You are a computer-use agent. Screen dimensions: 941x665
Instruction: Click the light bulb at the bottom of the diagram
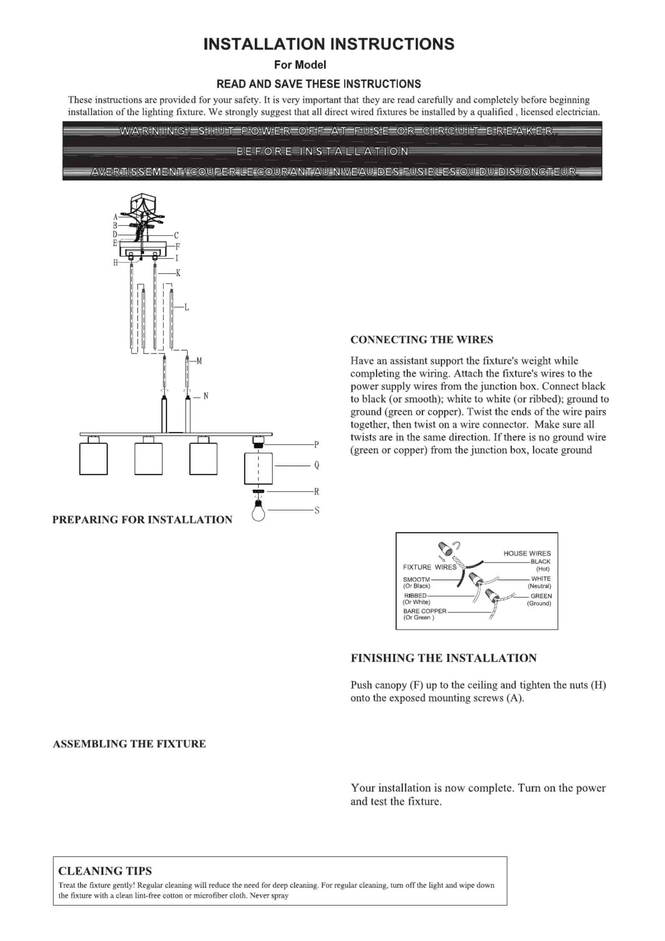[x=259, y=511]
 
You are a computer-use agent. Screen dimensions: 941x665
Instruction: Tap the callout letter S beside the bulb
[x=317, y=510]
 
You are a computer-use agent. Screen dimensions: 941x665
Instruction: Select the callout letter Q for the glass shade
[x=317, y=465]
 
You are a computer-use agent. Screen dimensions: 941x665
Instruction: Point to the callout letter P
[x=317, y=444]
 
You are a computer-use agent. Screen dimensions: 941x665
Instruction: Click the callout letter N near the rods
[x=206, y=396]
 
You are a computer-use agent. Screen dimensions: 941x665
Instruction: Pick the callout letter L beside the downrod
[x=187, y=308]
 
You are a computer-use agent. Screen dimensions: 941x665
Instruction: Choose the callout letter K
[x=178, y=273]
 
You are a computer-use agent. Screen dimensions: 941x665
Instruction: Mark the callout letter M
[x=199, y=361]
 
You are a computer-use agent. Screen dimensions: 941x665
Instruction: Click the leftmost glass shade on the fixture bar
[x=93, y=459]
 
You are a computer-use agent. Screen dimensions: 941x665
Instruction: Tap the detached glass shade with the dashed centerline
[x=258, y=468]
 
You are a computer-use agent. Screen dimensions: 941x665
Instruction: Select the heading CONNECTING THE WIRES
[x=422, y=340]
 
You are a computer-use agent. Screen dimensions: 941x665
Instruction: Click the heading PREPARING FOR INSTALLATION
[x=142, y=520]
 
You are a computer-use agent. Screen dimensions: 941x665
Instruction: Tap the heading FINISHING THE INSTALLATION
[x=444, y=658]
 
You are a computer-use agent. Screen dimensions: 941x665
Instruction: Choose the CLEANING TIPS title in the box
[x=105, y=871]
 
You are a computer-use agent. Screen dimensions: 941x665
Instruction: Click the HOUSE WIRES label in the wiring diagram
[x=527, y=553]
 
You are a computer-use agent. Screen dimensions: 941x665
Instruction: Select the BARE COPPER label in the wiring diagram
[x=425, y=611]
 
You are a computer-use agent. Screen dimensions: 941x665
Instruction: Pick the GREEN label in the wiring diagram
[x=541, y=596]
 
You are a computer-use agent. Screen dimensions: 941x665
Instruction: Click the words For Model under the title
[x=300, y=65]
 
